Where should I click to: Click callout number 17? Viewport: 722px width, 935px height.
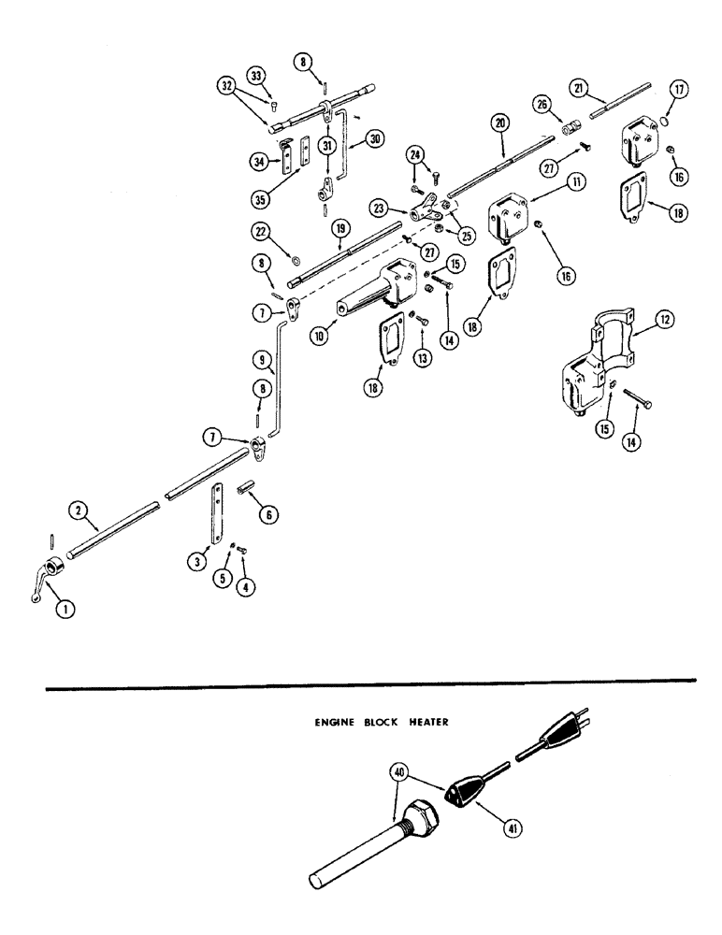[x=680, y=92]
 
